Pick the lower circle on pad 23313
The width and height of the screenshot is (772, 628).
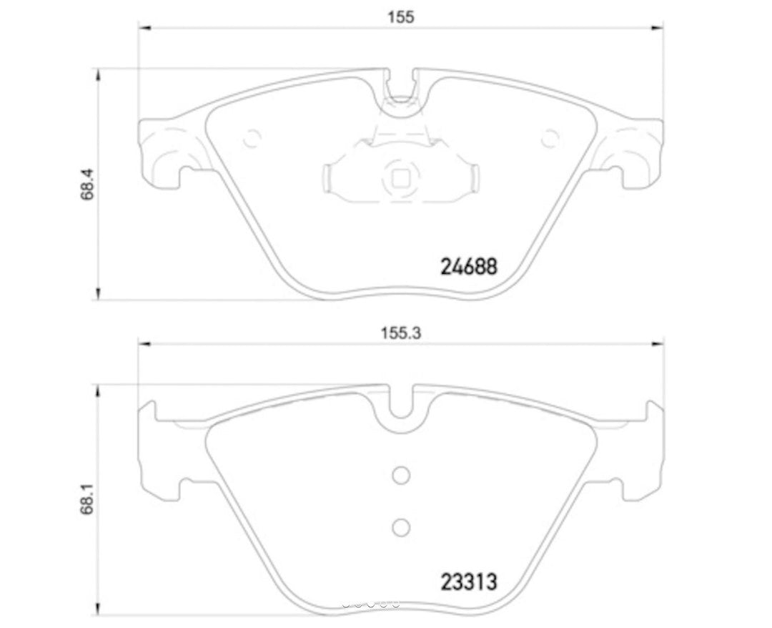coord(401,527)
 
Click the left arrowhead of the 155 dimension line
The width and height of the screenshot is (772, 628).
coord(143,28)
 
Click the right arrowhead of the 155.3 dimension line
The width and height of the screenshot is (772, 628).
coord(658,345)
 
